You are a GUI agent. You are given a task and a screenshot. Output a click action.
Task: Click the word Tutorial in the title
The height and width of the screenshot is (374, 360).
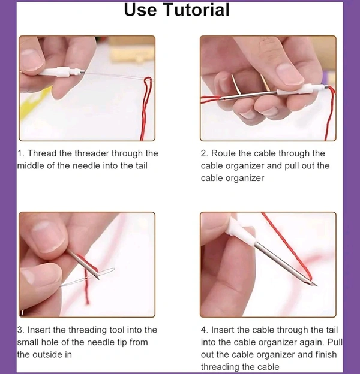(x=196, y=10)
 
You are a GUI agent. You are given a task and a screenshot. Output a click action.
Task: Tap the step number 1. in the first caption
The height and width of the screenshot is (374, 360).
(x=20, y=153)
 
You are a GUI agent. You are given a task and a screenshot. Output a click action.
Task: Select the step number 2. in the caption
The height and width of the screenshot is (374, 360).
(x=205, y=153)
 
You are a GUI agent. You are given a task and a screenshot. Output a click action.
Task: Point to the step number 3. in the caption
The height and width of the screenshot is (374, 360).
(x=21, y=330)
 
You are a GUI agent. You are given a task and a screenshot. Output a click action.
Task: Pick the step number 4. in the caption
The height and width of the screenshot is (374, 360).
(x=205, y=330)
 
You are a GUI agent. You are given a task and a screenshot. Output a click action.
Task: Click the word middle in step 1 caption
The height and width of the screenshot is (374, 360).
(x=31, y=165)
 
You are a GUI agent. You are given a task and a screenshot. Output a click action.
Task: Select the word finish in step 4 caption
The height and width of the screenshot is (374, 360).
(x=326, y=354)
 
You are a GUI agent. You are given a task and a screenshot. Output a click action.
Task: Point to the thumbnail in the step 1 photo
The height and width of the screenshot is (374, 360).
(x=31, y=59)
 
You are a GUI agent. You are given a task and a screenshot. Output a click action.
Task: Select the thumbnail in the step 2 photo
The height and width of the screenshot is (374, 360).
(x=289, y=74)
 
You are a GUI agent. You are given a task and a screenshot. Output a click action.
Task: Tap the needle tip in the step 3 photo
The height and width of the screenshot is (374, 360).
(x=98, y=278)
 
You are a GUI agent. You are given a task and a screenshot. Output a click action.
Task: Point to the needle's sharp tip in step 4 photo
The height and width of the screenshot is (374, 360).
(x=317, y=285)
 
